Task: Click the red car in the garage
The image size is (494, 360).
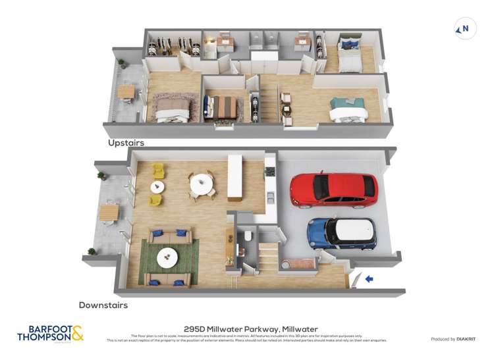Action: (334, 190)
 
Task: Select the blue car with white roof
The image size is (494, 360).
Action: (342, 233)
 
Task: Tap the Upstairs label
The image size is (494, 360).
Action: (126, 142)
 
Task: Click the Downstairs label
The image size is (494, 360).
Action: (103, 305)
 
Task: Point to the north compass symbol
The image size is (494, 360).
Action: (465, 29)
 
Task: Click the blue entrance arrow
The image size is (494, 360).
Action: (369, 279)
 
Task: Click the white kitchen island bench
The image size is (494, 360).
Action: (235, 177)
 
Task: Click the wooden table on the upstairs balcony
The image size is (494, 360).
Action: (126, 91)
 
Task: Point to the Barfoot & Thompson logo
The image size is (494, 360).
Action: (51, 334)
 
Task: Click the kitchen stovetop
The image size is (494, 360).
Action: (269, 172)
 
